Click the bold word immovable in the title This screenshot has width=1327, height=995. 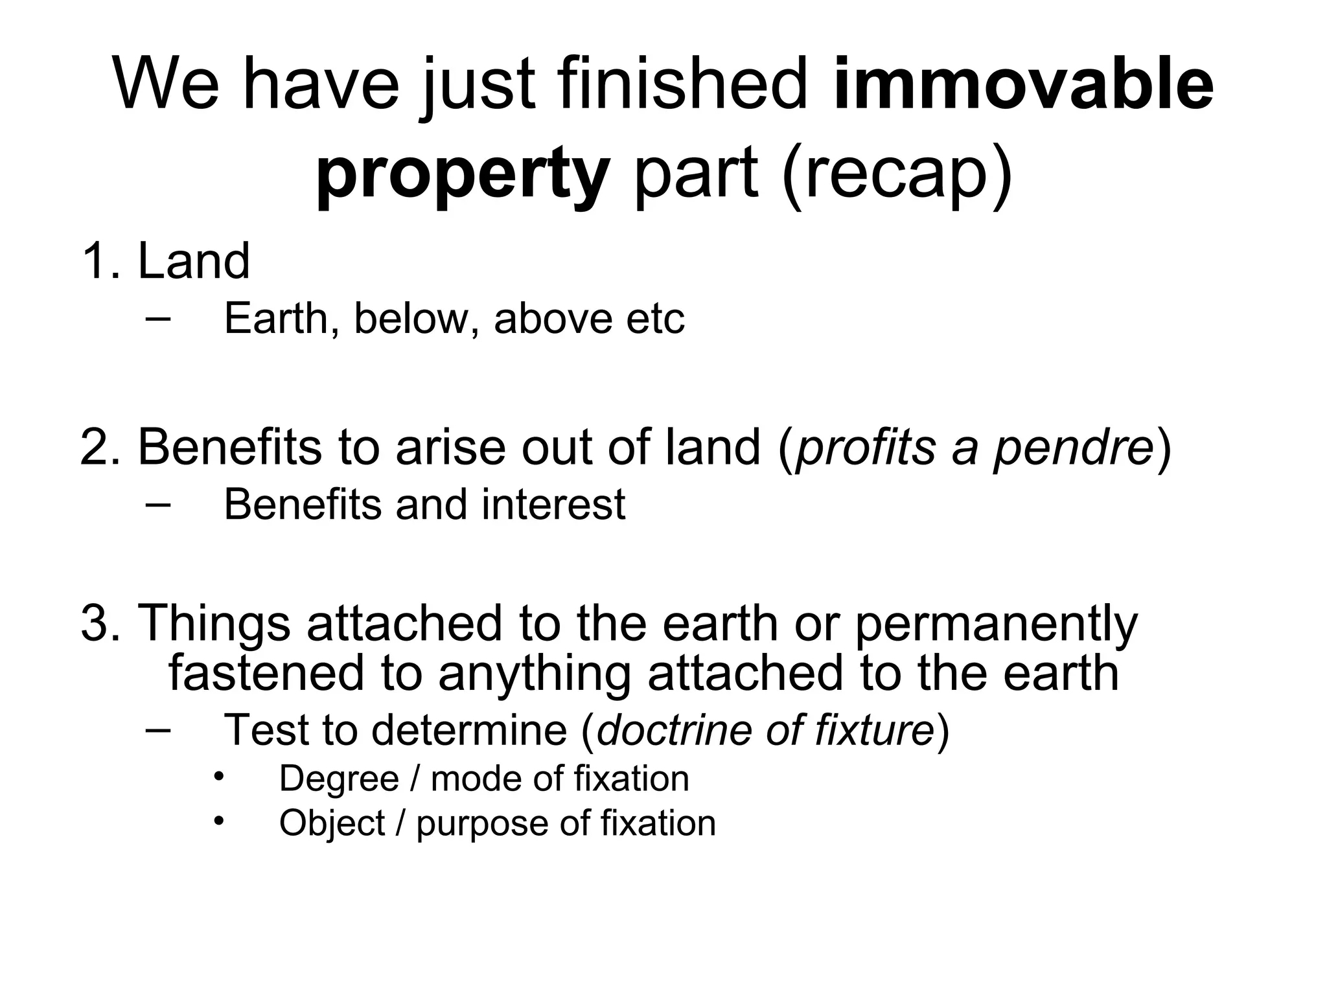pos(1023,85)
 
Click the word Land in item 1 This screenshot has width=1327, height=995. pos(194,261)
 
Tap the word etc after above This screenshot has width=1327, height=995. pos(655,319)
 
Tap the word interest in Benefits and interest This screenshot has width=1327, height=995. pos(553,505)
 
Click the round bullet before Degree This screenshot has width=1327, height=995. pos(219,775)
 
